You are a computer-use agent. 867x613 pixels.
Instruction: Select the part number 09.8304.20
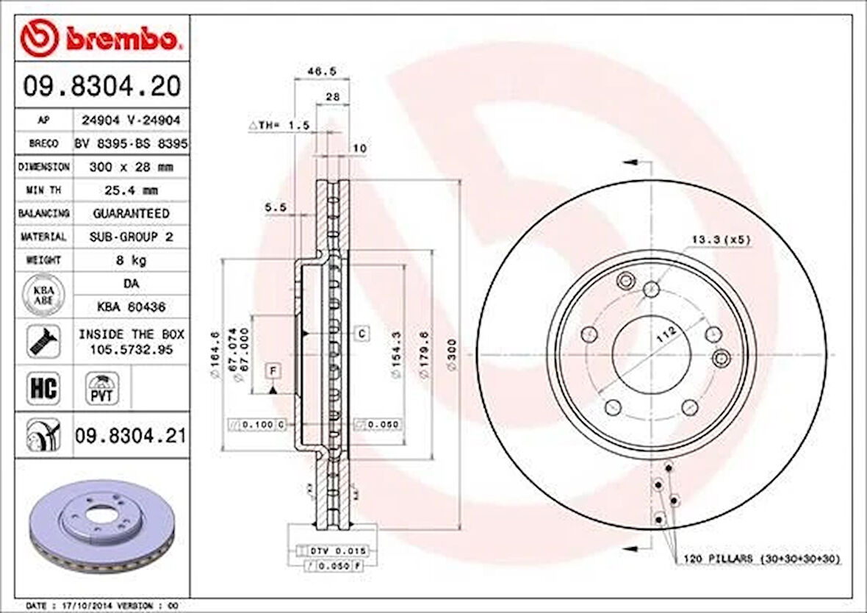tap(101, 87)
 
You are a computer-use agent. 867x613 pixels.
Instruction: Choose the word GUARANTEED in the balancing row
tap(130, 213)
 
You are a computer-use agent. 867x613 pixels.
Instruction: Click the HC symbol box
tap(43, 388)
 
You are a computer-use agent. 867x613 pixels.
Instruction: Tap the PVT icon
tap(101, 388)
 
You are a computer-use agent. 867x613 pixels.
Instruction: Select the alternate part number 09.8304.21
tap(129, 436)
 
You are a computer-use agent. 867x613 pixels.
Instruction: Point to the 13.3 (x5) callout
tap(721, 240)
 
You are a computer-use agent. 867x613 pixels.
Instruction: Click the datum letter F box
tap(272, 370)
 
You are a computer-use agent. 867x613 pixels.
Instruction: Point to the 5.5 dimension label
tap(275, 208)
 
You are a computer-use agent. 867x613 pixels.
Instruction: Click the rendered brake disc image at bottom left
tap(101, 526)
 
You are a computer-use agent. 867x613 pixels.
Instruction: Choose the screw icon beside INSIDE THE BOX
tap(43, 341)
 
